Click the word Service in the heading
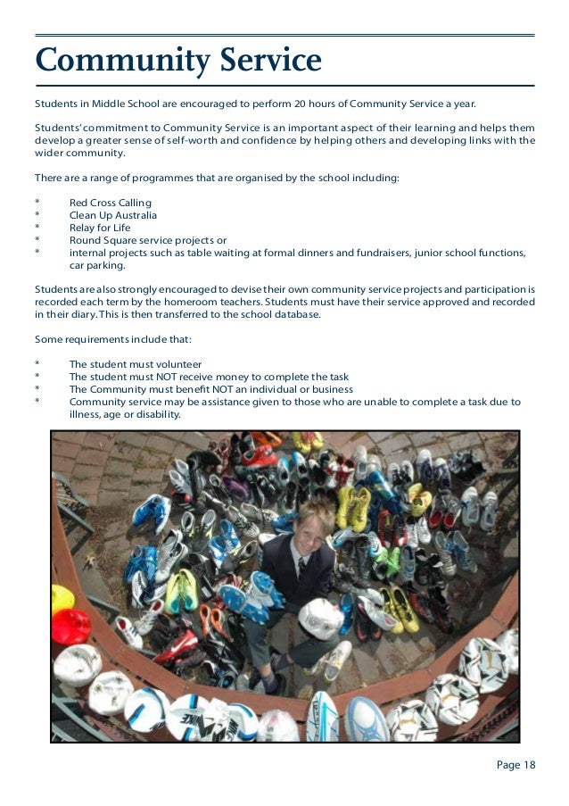[x=267, y=61]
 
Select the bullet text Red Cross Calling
[x=110, y=203]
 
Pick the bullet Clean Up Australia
[x=112, y=215]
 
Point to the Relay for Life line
[x=99, y=228]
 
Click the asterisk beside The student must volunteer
[x=37, y=365]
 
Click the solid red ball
[x=71, y=625]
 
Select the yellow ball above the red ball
[x=62, y=597]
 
